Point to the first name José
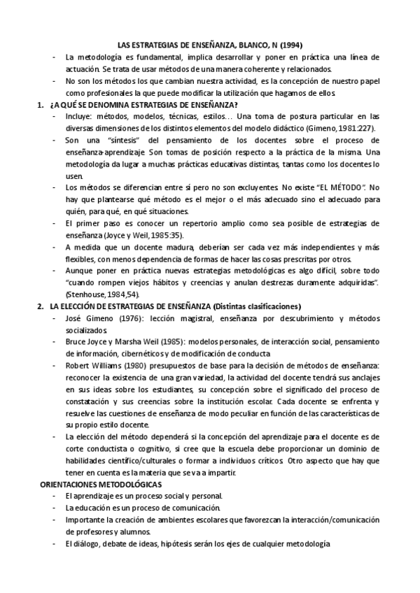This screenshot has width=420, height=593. point(73,320)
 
